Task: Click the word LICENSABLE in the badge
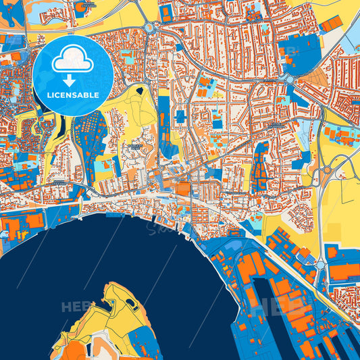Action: [73, 95]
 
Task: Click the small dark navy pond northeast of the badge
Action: [140, 89]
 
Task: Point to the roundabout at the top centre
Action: [150, 28]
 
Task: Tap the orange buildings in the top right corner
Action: [330, 24]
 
